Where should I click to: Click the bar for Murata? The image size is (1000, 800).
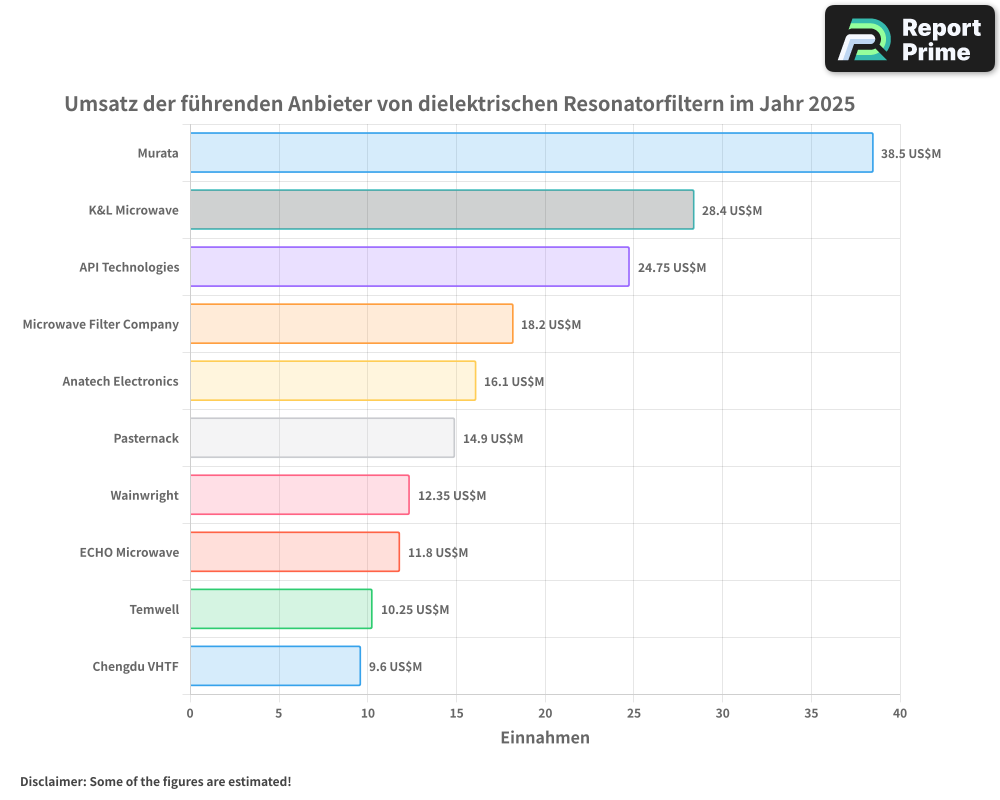pos(531,153)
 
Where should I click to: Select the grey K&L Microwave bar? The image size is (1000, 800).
pos(441,210)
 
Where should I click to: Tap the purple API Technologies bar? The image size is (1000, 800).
pos(409,267)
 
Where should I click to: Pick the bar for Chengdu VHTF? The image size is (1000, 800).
pos(275,666)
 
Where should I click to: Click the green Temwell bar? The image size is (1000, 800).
pos(281,609)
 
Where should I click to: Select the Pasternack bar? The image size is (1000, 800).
pos(322,438)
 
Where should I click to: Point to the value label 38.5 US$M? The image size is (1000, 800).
pos(910,154)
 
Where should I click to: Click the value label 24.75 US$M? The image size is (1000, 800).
pos(671,268)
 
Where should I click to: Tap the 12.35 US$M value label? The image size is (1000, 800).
pos(451,496)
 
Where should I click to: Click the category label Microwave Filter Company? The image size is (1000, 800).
pos(101,324)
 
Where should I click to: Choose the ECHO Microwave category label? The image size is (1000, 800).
pos(129,552)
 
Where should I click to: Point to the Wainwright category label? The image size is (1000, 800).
pos(145,495)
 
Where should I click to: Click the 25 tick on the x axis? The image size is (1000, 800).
pos(634,713)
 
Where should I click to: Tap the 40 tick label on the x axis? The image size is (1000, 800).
pos(900,713)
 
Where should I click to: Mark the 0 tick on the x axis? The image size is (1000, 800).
pos(190,713)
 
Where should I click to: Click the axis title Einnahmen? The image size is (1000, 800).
pos(545,738)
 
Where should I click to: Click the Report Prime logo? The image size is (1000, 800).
pos(909,39)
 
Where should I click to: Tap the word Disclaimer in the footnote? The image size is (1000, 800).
pos(51,781)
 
